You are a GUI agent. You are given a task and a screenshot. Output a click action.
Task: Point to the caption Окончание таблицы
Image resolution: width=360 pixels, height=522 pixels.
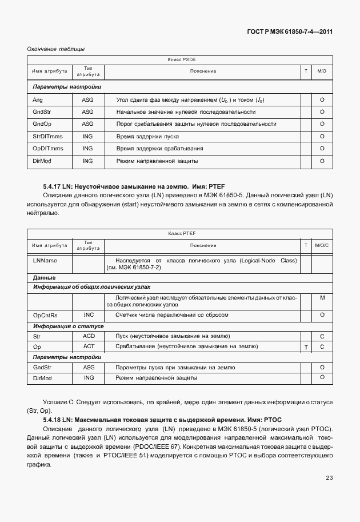coord(56,49)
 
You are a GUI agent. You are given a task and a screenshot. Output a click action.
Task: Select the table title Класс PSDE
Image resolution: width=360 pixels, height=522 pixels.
coord(182,59)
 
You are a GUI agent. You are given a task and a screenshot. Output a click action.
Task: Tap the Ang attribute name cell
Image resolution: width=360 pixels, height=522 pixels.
coord(38,99)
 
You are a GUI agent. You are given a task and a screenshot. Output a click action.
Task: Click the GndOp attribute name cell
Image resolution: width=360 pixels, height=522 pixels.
coord(43,124)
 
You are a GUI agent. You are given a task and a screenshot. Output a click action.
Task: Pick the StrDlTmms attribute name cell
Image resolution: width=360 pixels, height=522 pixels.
coord(48,137)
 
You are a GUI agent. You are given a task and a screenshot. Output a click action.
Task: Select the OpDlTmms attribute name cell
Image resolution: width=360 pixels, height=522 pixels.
coord(48,149)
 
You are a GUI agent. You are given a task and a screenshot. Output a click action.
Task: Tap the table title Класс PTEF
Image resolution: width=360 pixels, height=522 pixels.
coord(182,234)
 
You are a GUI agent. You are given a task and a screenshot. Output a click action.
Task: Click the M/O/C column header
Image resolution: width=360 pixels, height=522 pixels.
coord(322,245)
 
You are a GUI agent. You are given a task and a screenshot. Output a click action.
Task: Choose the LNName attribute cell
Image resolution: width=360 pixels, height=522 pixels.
coord(45,260)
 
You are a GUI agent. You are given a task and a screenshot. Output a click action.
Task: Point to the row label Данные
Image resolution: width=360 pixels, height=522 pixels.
coord(44,277)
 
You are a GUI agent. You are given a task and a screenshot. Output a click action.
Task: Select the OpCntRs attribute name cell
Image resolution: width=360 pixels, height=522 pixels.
coord(46,315)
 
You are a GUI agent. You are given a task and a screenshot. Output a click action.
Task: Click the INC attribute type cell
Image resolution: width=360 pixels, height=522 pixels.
coord(89,315)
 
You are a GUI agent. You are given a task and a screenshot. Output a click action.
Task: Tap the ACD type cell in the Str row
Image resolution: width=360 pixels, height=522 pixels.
coord(89,336)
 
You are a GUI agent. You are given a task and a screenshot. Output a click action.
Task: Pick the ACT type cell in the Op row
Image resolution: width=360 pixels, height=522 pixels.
coord(89,346)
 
